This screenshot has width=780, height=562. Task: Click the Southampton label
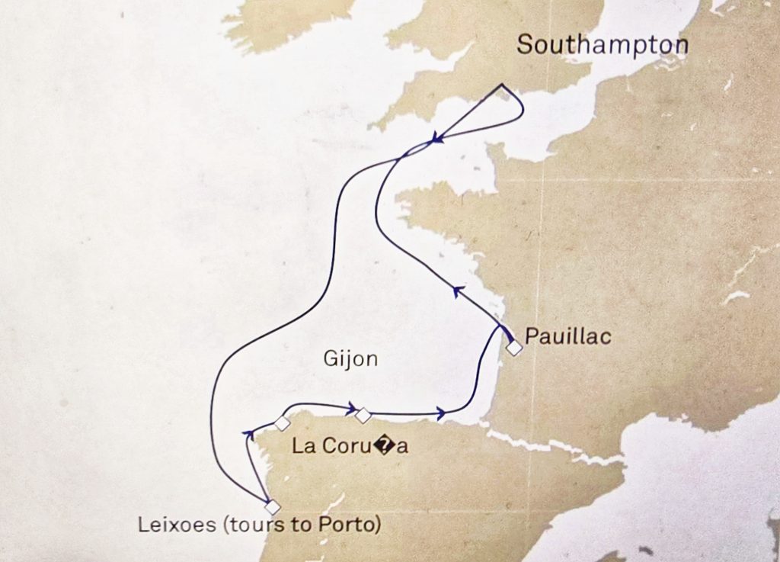click(603, 45)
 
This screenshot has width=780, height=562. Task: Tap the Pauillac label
click(568, 336)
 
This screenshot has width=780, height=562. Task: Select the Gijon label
click(350, 359)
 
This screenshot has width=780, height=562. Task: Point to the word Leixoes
click(170, 525)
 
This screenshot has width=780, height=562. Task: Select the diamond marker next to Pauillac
click(515, 348)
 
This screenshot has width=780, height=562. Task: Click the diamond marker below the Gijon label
click(363, 415)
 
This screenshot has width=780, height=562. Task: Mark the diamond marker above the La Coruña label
click(283, 423)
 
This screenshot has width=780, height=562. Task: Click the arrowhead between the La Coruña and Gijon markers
click(353, 406)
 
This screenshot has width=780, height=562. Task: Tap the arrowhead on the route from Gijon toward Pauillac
click(440, 414)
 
